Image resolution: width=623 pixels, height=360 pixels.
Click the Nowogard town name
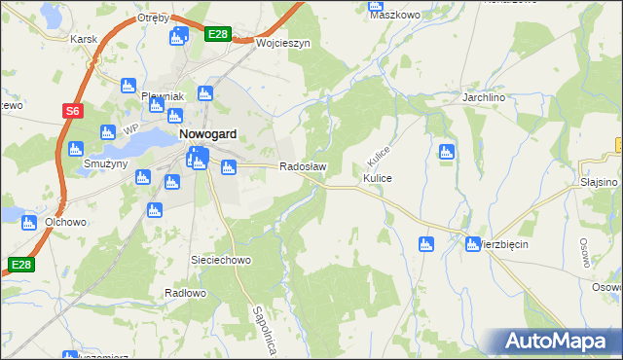209,135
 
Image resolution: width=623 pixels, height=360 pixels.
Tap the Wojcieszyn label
282,44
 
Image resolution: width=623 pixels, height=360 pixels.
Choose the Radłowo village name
185,293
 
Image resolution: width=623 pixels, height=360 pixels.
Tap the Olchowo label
66,222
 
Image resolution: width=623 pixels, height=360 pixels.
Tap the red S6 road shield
72,111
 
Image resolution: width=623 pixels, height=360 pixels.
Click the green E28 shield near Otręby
218,34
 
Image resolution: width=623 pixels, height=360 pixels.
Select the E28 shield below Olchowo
21,264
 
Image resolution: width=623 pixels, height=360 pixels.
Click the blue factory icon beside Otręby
178,37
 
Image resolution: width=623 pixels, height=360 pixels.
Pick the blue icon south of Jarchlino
446,151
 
